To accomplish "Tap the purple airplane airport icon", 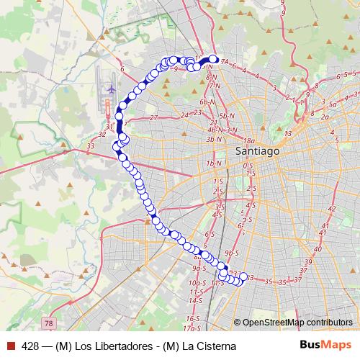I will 111,89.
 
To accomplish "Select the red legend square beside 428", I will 10,346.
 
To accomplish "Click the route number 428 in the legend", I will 30,346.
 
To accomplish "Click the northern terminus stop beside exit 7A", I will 213,59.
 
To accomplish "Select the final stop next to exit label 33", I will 243,276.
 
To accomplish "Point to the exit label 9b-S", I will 231,253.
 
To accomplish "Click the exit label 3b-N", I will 212,139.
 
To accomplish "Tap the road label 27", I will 153,117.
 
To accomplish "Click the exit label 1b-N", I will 213,164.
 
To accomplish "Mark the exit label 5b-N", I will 228,116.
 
